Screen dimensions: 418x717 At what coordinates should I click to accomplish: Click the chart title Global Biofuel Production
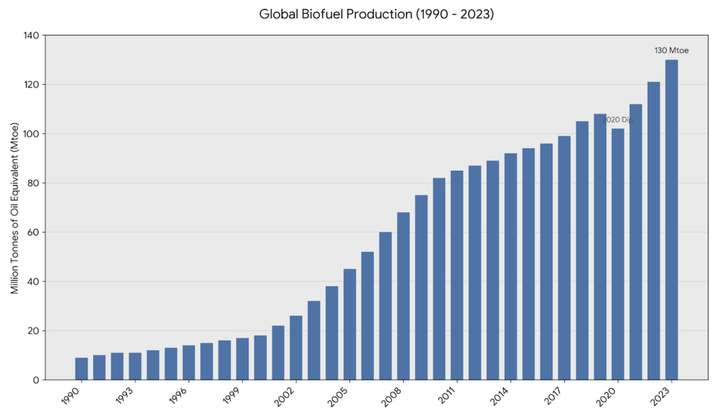pos(358,14)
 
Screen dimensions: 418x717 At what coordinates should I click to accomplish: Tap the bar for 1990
pos(82,368)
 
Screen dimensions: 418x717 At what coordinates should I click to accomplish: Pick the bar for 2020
pos(618,253)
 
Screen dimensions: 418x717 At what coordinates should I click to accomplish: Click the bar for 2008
pos(403,295)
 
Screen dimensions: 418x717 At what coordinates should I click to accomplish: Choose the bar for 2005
pos(349,324)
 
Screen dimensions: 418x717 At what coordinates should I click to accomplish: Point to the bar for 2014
pos(510,266)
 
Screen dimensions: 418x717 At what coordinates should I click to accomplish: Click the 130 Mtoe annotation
pos(671,50)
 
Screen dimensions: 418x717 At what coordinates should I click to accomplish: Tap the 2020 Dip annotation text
pos(618,120)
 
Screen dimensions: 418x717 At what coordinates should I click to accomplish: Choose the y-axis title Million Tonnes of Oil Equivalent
pos(15,208)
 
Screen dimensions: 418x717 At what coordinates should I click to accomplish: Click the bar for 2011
pos(457,275)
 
